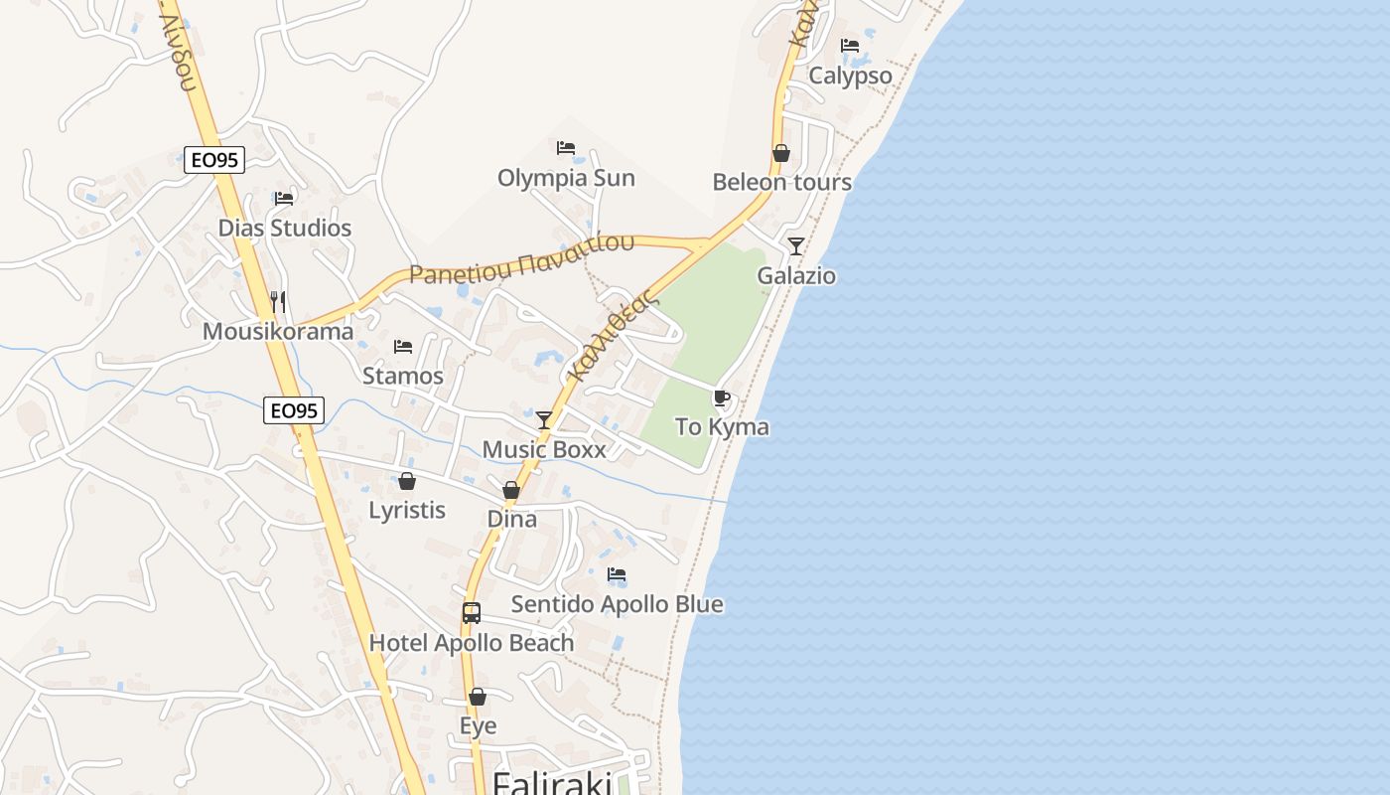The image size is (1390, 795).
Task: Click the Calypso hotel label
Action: pos(850,76)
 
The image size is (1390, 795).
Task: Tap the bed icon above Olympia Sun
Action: pos(566,148)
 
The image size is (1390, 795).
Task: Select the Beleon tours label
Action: pos(781,182)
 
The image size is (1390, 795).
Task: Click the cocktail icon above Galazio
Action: pos(796,245)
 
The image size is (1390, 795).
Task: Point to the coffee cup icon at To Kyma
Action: pos(722,398)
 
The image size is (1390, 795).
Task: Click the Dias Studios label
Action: pos(285,228)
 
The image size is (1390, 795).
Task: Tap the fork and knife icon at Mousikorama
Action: pos(278,301)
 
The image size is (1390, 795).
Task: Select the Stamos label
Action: pos(402,376)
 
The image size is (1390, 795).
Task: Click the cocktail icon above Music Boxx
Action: pos(544,420)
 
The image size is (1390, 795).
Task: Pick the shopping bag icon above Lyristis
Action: pos(407,481)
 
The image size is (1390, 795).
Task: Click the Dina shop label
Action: pos(511,519)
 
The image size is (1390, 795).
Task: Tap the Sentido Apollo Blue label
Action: pos(617,604)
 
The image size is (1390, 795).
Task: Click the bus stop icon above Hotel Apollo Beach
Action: pos(472,613)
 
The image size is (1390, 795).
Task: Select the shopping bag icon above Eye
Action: pos(478,697)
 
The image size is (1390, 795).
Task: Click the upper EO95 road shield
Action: pos(214,159)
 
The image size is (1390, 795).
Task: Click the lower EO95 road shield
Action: pos(294,409)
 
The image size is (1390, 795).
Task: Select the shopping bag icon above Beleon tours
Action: pos(781,153)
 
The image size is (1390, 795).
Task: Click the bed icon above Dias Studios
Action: pos(285,198)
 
